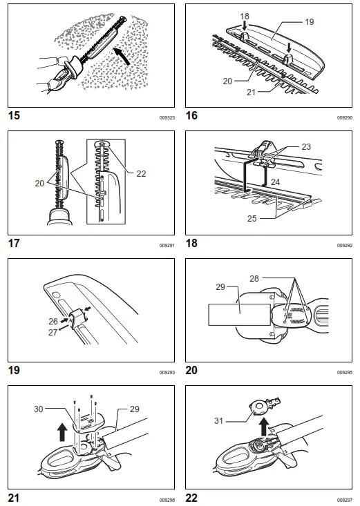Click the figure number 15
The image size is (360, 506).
[x=13, y=115]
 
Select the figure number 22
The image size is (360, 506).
[x=191, y=498]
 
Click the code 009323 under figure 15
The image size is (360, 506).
[x=167, y=118]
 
